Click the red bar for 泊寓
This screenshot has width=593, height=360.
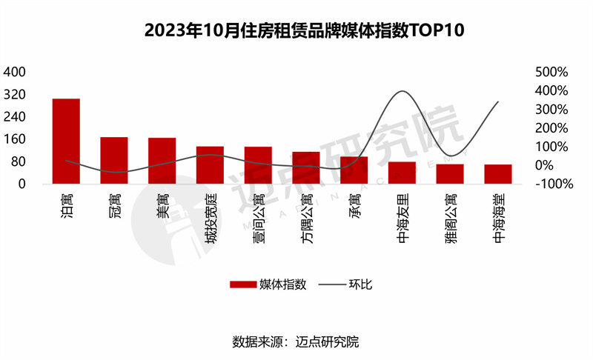click(x=66, y=141)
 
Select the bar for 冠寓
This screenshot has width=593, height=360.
click(x=114, y=160)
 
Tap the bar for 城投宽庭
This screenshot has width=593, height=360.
click(x=210, y=164)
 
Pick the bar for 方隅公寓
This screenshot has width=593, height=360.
click(x=305, y=167)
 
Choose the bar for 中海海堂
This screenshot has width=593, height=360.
click(x=498, y=174)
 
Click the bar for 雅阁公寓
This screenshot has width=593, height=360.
click(x=450, y=174)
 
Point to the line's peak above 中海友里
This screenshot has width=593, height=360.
click(x=402, y=91)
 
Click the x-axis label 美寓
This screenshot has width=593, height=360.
click(x=162, y=204)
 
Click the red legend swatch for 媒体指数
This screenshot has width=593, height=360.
click(x=242, y=284)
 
